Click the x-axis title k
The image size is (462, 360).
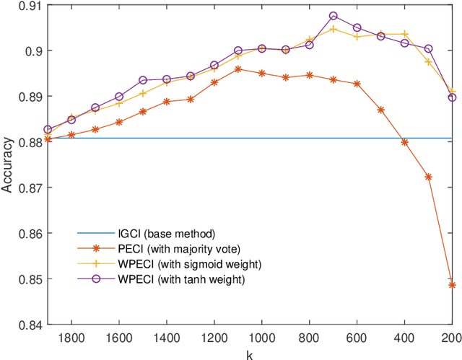tap(250, 354)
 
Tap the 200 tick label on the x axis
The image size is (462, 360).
tap(452, 338)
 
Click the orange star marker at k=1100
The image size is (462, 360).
tap(238, 69)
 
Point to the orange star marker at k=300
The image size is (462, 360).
tap(428, 177)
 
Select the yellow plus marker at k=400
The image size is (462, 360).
tap(404, 34)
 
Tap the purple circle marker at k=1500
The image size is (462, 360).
tap(143, 80)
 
